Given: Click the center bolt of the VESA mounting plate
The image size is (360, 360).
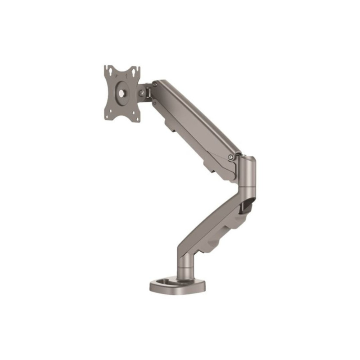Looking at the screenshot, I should pos(122,94).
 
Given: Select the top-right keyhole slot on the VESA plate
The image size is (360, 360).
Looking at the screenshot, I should pos(135,71).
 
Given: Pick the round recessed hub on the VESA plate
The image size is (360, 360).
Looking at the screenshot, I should pos(122,94).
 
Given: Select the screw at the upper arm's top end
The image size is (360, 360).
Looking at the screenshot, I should pos(154,84).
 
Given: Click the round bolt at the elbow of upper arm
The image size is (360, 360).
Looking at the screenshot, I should pos(230,157).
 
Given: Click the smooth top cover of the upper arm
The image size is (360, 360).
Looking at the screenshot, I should pos(198,112).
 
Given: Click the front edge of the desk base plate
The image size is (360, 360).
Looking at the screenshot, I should pos(178,290).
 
